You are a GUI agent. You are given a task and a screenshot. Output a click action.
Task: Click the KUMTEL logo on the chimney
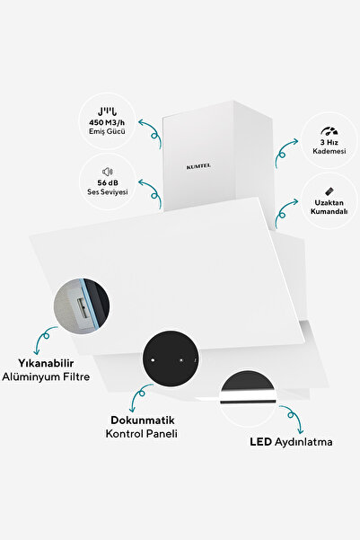198,167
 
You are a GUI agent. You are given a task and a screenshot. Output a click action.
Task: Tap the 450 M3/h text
107,122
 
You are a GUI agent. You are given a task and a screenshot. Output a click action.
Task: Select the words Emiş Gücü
107,131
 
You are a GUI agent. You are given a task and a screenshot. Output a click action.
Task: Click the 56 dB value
108,183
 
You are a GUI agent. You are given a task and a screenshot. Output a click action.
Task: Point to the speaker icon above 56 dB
108,172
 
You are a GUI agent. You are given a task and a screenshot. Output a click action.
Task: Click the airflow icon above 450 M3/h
107,111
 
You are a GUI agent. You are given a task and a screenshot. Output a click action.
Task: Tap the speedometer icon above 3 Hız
329,131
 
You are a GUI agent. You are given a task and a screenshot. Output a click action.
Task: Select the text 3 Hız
329,143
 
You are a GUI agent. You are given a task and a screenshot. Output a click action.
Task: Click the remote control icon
329,191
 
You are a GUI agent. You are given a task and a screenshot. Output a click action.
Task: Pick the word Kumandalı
329,211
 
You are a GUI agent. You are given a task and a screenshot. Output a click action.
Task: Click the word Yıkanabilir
46,363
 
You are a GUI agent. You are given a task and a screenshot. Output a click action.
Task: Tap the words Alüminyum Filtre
46,376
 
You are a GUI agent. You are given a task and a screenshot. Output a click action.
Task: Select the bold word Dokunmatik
143,420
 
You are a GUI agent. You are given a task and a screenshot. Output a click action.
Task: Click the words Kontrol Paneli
142,434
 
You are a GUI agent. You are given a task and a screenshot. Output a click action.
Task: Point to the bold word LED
261,442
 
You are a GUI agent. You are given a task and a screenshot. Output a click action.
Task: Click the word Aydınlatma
303,442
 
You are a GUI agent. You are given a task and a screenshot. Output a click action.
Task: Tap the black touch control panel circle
171,359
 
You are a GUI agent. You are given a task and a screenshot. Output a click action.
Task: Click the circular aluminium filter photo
82,306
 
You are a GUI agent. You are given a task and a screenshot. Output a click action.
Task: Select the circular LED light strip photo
248,399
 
